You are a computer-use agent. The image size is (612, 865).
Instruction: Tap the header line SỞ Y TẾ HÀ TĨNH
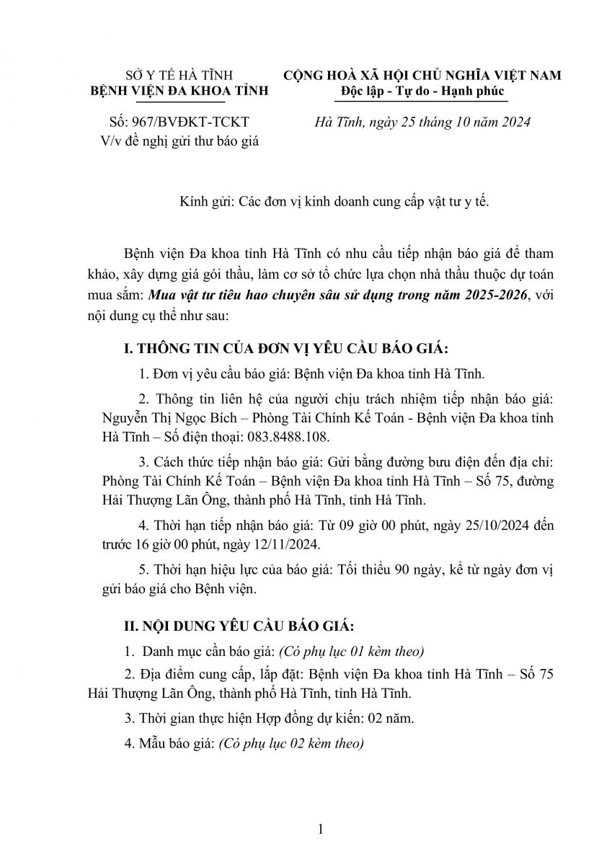177,76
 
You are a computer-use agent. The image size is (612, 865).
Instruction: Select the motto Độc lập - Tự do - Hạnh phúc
422,92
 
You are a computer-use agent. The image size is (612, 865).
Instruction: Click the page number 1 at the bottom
320,830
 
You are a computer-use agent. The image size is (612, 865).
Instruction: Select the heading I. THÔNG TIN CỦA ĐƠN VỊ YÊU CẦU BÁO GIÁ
286,350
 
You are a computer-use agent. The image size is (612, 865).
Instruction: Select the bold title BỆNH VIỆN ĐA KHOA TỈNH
177,92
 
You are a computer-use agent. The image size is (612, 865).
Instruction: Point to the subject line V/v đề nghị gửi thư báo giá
178,140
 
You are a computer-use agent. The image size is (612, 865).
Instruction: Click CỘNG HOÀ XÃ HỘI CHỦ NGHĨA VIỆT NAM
422,76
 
